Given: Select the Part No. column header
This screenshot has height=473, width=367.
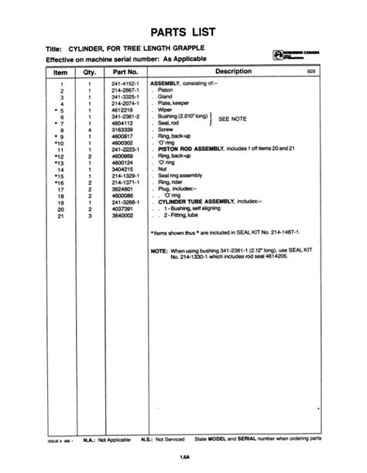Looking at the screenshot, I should [124, 71].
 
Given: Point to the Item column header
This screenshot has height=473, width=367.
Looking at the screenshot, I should [60, 71].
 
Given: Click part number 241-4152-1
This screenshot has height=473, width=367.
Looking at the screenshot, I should [125, 81].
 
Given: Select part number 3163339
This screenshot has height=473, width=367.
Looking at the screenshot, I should [122, 130].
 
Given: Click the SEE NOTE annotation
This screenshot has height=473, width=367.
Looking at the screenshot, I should [233, 120].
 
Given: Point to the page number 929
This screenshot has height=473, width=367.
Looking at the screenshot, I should [312, 71].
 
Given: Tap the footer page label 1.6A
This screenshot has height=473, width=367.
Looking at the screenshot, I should [183, 456].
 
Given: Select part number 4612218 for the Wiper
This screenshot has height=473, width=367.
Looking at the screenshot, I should [122, 109].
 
